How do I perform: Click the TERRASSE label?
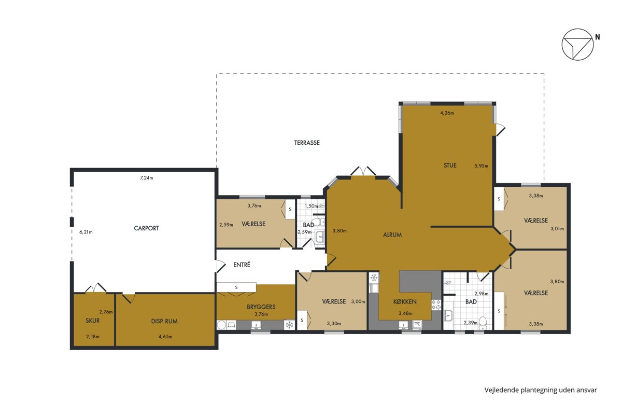pos(307,143)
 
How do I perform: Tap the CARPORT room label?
pos(146,228)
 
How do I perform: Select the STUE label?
pos(450,165)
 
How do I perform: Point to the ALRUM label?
pos(392,234)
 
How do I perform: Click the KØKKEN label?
pos(405,301)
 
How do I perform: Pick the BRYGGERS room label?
pos(261,307)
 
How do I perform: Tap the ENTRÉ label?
pos(242,265)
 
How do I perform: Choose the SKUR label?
pos(92,321)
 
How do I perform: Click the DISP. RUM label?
pos(164,321)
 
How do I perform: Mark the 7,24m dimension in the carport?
pos(146,178)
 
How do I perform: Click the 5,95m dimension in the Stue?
pos(481,166)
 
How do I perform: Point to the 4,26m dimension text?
pos(447,113)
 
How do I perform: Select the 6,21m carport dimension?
pos(86,232)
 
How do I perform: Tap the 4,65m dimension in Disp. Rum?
pos(165,337)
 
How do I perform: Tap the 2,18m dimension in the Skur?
pos(93,337)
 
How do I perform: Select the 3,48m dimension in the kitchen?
pos(405,313)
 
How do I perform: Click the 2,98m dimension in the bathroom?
pos(481,294)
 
